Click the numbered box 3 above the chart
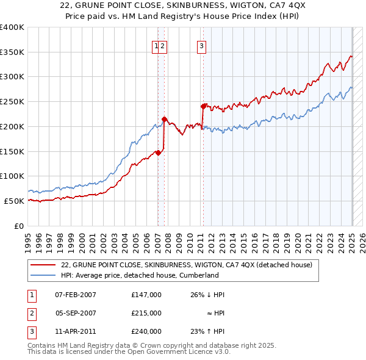pyautogui.click(x=201, y=45)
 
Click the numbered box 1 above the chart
pyautogui.click(x=157, y=45)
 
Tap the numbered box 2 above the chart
pyautogui.click(x=163, y=45)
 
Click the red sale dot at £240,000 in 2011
pyautogui.click(x=203, y=106)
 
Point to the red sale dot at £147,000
pyautogui.click(x=158, y=153)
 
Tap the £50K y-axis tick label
pyautogui.click(x=15, y=201)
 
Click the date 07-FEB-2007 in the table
pyautogui.click(x=76, y=295)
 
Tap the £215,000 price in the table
pyautogui.click(x=146, y=313)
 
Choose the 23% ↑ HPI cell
pyautogui.click(x=207, y=331)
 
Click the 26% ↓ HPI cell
pyautogui.click(x=207, y=295)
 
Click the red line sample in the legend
pyautogui.click(x=43, y=265)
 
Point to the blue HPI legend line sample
pyautogui.click(x=43, y=275)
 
